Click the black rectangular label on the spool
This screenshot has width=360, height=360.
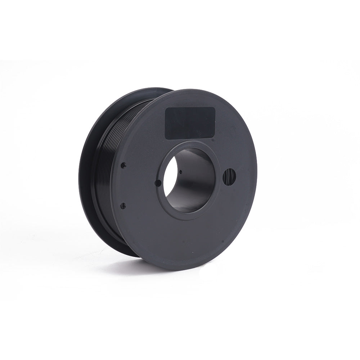pyautogui.click(x=190, y=123)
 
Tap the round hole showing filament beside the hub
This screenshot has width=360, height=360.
pyautogui.click(x=229, y=177)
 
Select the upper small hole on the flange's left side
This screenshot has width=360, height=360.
pyautogui.click(x=123, y=165)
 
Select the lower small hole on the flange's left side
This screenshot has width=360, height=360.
pyautogui.click(x=123, y=206)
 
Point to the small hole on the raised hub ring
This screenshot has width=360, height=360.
pyautogui.click(x=157, y=183)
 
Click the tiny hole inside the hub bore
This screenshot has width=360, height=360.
pyautogui.click(x=180, y=172)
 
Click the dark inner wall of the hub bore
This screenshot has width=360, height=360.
pyautogui.click(x=194, y=180)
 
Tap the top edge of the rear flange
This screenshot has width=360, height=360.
pyautogui.click(x=151, y=89)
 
